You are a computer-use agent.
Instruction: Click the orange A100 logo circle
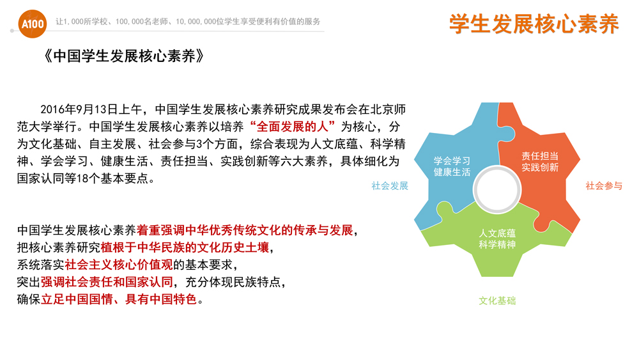coord(32,24)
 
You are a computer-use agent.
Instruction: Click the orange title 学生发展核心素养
coord(534,24)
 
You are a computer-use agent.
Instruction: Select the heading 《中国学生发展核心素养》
coord(123,56)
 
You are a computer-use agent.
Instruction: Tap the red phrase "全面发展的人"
coord(293,127)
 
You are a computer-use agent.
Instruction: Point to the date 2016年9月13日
coord(79,109)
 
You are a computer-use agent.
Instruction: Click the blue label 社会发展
coord(390,186)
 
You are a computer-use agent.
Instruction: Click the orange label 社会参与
coord(604,186)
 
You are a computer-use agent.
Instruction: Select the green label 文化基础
coord(497,301)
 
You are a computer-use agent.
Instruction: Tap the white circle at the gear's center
coord(497,189)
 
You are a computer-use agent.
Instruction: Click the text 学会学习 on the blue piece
coord(452,161)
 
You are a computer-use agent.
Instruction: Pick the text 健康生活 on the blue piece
coord(452,172)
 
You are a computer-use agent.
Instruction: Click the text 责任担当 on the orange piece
coord(540,156)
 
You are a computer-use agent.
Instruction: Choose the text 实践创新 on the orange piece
coord(540,167)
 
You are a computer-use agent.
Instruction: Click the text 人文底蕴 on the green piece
coord(497,233)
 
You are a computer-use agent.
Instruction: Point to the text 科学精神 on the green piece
coord(497,244)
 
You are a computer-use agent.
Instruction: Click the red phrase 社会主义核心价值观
coord(119,265)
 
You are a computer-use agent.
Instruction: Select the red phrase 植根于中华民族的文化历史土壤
coord(185,247)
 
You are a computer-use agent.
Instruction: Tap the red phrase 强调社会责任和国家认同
coord(107,282)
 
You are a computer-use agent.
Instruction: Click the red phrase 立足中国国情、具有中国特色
coord(119,299)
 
